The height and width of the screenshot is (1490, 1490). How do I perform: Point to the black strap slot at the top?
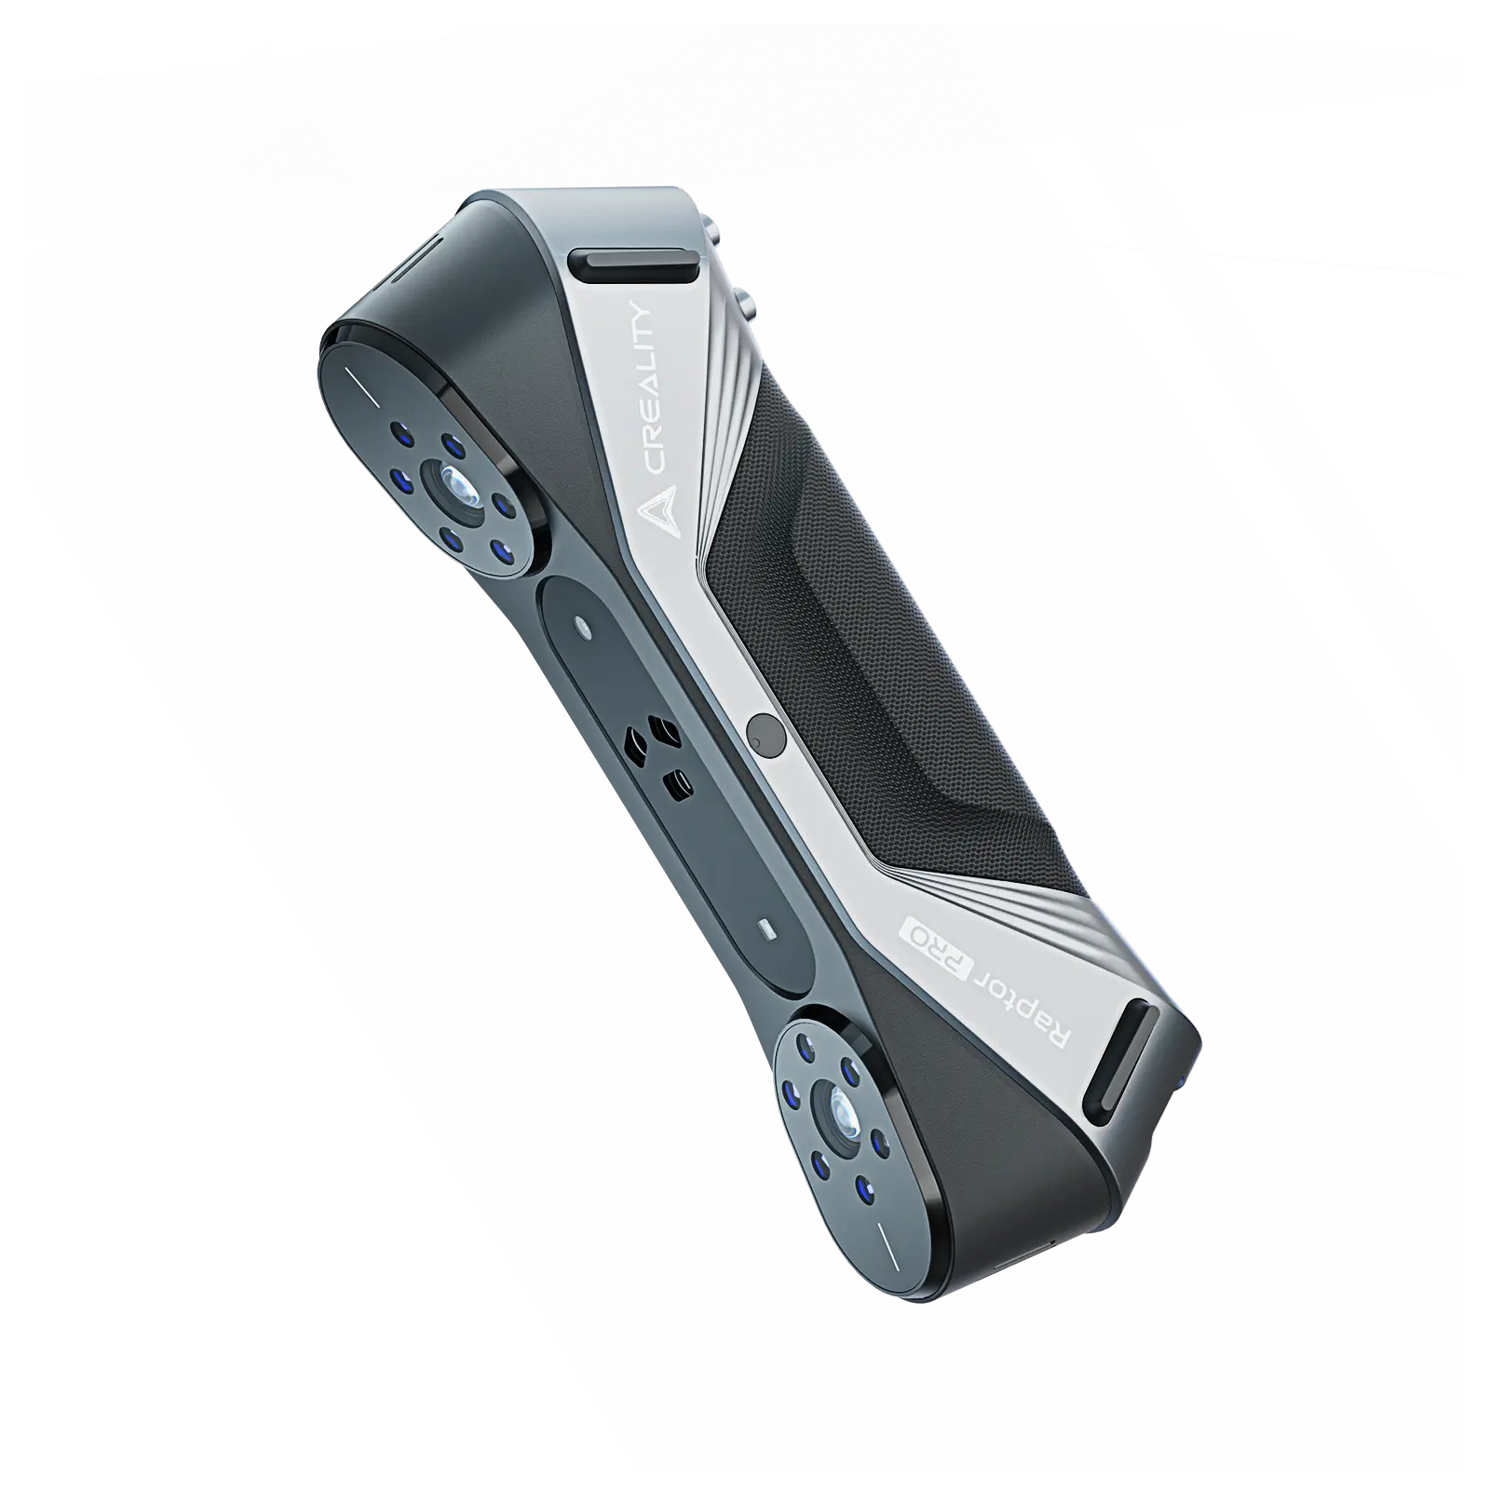click(635, 264)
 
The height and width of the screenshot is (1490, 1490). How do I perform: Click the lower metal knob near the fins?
click(747, 299)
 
